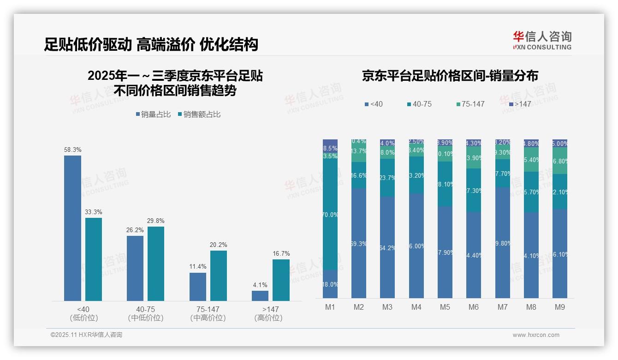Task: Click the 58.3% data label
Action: pyautogui.click(x=72, y=150)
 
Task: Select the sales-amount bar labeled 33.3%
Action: pyautogui.click(x=94, y=259)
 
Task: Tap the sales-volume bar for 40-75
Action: pyautogui.click(x=135, y=268)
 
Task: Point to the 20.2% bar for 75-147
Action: pyautogui.click(x=219, y=276)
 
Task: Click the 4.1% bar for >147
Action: pyautogui.click(x=260, y=295)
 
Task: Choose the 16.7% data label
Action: pyautogui.click(x=281, y=254)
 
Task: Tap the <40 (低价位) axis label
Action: pyautogui.click(x=83, y=313)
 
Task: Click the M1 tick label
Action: pyautogui.click(x=330, y=307)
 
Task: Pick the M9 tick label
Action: pyautogui.click(x=559, y=307)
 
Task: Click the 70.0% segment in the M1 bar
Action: pyautogui.click(x=330, y=215)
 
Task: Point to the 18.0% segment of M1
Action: pyautogui.click(x=330, y=284)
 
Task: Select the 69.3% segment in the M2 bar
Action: pyautogui.click(x=359, y=243)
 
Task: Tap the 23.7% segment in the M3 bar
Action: pyautogui.click(x=387, y=178)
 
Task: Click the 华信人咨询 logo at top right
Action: pyautogui.click(x=542, y=40)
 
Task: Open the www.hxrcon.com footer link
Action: pyautogui.click(x=536, y=335)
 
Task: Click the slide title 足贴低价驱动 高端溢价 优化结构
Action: pyautogui.click(x=151, y=44)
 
